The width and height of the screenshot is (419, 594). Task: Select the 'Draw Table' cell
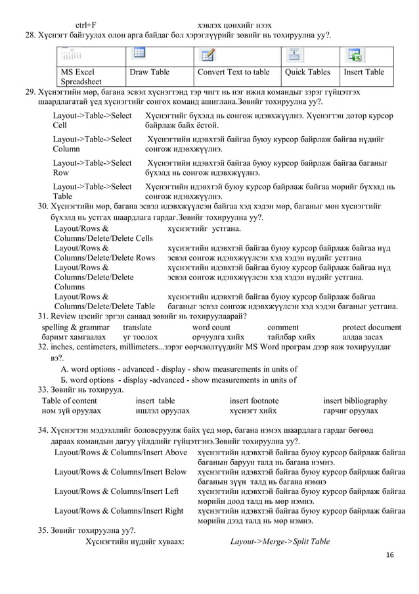point(150,72)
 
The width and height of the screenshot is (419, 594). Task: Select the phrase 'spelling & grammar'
point(67,327)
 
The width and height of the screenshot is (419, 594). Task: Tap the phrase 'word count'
point(211,327)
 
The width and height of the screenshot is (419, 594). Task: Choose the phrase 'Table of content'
point(70,401)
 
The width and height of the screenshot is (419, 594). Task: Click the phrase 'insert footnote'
point(254,401)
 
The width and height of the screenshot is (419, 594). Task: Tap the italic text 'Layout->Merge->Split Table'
point(280,541)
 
